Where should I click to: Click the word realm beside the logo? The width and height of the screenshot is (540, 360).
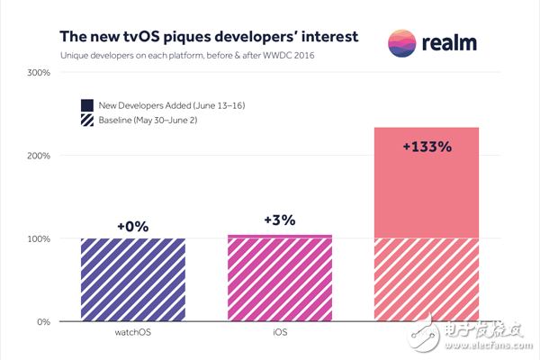pyautogui.click(x=451, y=43)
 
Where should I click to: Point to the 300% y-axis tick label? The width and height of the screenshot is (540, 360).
pyautogui.click(x=37, y=73)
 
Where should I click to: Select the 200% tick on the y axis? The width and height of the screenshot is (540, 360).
pyautogui.click(x=37, y=156)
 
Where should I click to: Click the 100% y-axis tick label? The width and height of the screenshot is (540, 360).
pyautogui.click(x=37, y=238)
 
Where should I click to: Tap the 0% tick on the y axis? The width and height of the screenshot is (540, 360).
pyautogui.click(x=41, y=321)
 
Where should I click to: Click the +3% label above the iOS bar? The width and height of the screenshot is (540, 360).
pyautogui.click(x=280, y=220)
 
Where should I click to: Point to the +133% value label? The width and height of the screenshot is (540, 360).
pyautogui.click(x=427, y=147)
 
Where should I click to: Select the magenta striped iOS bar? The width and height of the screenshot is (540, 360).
pyautogui.click(x=280, y=278)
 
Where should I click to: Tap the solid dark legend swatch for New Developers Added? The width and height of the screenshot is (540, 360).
pyautogui.click(x=86, y=104)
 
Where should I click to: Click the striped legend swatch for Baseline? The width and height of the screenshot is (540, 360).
pyautogui.click(x=86, y=120)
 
